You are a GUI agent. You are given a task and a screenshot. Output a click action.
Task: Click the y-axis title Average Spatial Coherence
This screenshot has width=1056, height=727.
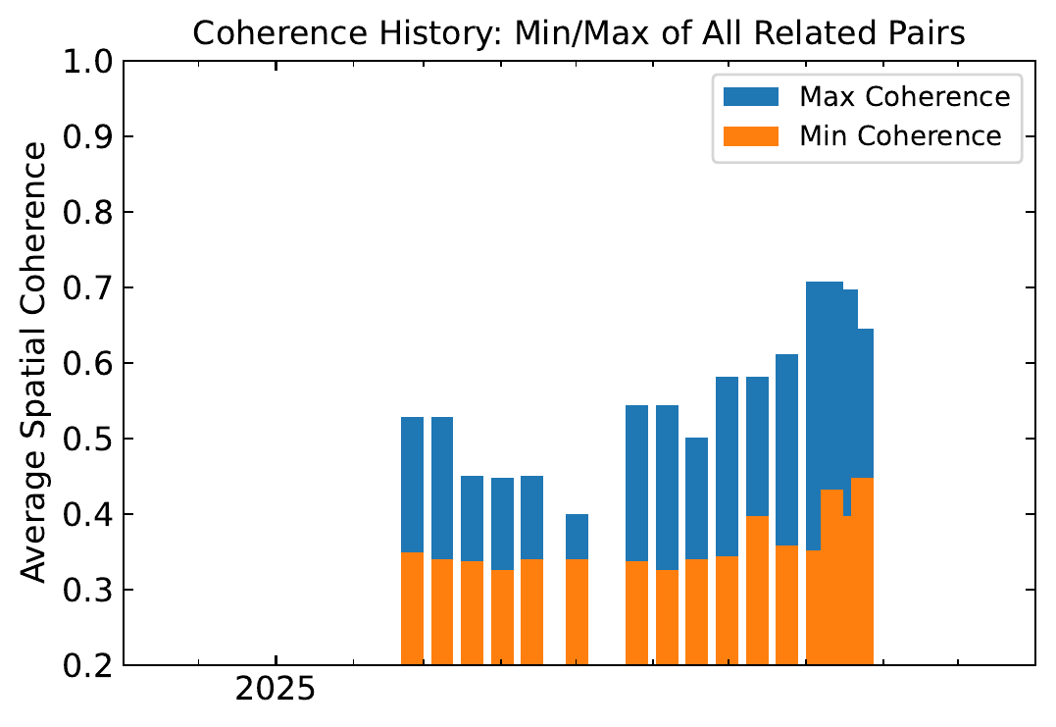[34, 363]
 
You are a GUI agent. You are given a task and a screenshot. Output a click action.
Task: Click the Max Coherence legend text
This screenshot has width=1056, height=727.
[904, 97]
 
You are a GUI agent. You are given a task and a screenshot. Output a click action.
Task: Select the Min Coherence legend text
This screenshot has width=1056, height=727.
[900, 135]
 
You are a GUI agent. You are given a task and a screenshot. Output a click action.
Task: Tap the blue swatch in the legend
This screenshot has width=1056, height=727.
[750, 97]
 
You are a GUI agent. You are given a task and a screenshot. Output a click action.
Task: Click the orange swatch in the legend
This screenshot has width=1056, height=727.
[750, 135]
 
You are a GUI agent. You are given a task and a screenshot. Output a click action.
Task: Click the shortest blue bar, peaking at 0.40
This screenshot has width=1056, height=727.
[577, 536]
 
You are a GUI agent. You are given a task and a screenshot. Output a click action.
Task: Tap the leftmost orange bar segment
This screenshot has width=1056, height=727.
[412, 608]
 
